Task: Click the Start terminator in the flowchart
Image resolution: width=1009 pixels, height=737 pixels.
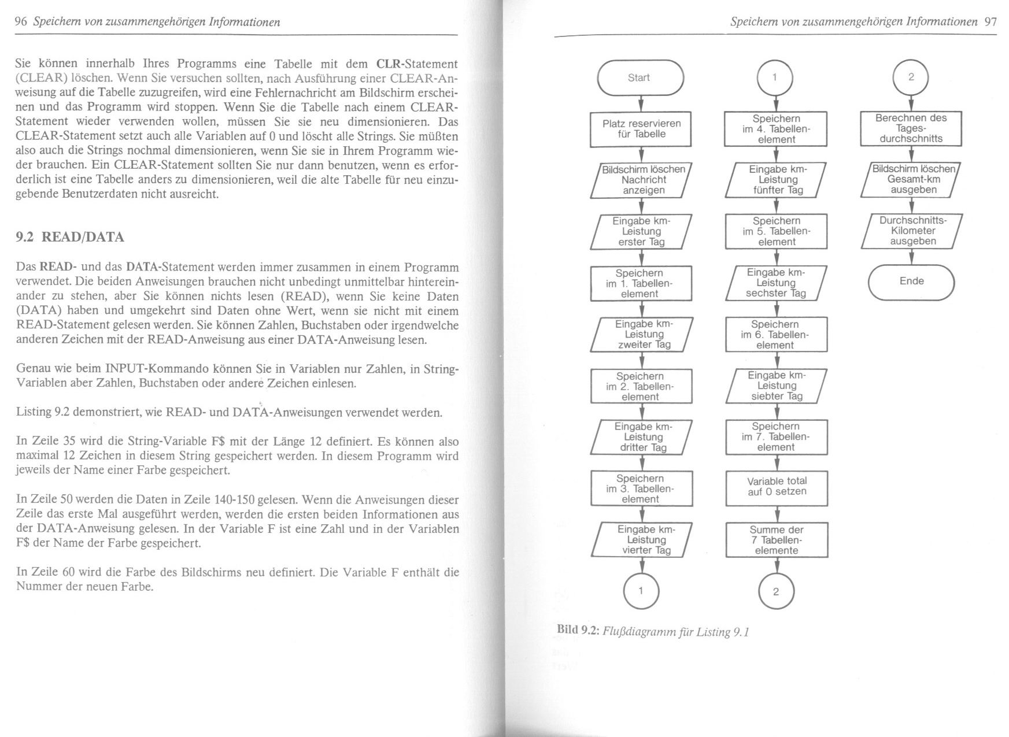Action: click(640, 77)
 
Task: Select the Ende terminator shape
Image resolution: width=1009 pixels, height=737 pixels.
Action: click(911, 282)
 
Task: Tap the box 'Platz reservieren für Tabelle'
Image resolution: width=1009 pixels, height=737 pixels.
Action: click(641, 129)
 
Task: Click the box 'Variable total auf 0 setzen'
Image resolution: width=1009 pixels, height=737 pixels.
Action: click(777, 486)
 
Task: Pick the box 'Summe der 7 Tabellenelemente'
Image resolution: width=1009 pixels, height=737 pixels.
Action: click(777, 540)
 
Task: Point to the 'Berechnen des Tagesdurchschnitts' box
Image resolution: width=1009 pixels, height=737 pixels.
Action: click(911, 128)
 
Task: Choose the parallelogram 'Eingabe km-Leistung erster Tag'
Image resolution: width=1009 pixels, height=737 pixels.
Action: click(641, 232)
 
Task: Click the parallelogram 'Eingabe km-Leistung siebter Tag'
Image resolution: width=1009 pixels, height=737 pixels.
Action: click(777, 386)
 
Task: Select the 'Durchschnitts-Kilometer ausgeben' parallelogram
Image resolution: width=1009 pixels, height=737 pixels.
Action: click(912, 231)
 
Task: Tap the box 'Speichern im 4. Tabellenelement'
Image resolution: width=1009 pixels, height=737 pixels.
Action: click(776, 129)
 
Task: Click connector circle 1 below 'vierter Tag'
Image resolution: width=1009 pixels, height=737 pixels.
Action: click(641, 590)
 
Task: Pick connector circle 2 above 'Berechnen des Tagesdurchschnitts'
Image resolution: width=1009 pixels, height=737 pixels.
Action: click(911, 77)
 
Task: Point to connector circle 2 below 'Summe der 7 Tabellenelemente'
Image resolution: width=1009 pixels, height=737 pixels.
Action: click(776, 591)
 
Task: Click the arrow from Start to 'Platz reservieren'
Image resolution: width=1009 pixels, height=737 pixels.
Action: click(641, 103)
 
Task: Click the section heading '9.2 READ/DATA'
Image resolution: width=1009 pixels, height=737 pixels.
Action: click(70, 237)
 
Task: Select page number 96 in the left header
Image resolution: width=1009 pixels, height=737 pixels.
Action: click(21, 22)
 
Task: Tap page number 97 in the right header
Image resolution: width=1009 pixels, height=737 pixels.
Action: click(990, 22)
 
